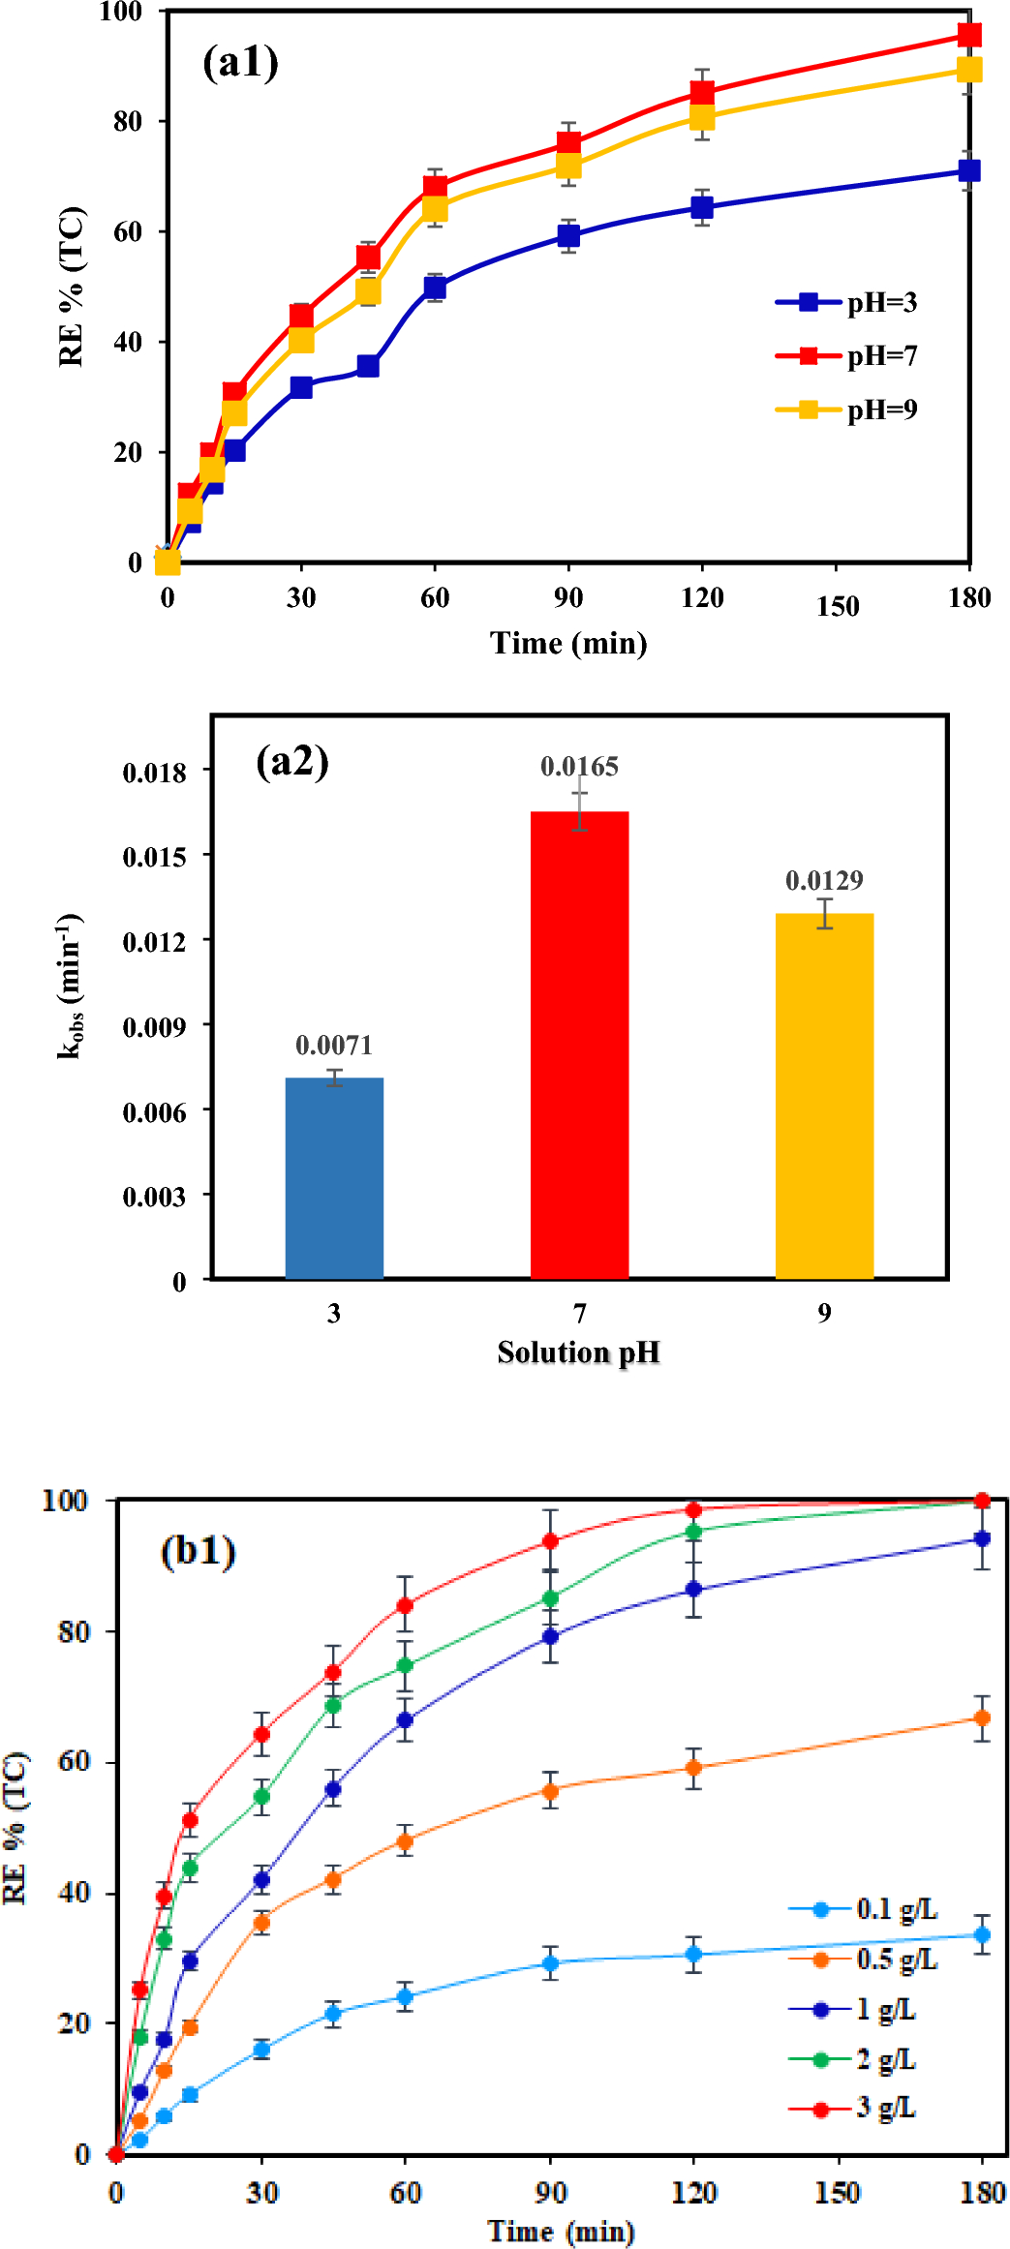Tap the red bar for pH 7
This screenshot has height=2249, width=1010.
pos(579,1046)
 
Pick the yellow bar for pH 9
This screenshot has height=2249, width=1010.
pos(824,1096)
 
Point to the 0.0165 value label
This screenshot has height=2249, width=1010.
pos(579,767)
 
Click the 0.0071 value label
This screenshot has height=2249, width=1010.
pos(334,1046)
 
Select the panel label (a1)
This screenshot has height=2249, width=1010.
pos(240,63)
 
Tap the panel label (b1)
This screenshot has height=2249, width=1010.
pos(198,1551)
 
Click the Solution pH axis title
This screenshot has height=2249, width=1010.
pos(578,1352)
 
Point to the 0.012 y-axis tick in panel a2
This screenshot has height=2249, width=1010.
pos(154,941)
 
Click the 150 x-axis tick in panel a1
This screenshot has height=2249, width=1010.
pos(837,607)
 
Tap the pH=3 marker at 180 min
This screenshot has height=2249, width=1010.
pos(968,170)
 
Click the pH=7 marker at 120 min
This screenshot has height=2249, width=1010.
pos(702,92)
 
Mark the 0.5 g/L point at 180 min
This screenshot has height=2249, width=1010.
pos(981,1717)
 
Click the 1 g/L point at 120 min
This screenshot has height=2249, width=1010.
pos(693,1590)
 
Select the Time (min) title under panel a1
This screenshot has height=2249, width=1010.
pos(568,644)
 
